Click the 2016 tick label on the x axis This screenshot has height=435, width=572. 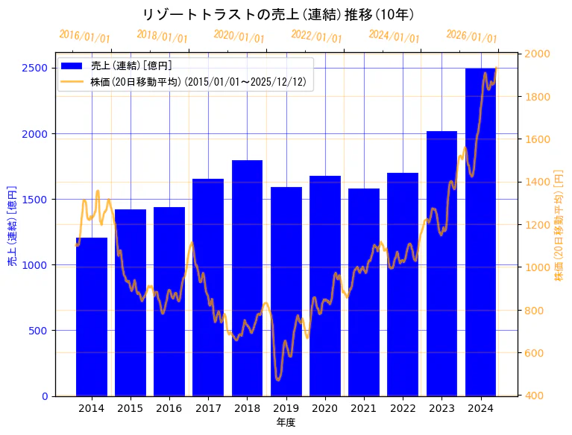click(x=169, y=408)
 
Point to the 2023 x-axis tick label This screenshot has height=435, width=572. click(x=441, y=408)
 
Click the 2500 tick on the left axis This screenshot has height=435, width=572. click(x=37, y=69)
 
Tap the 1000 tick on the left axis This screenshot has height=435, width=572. click(x=37, y=265)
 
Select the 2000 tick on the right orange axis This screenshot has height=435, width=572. click(x=538, y=54)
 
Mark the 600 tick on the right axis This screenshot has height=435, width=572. click(x=535, y=353)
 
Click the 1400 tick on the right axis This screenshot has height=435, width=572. click(x=538, y=182)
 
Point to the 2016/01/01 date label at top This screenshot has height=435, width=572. click(x=84, y=36)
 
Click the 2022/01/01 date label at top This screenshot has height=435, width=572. click(x=316, y=36)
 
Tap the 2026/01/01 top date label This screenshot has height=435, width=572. click(x=471, y=36)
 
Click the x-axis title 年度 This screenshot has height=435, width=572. click(x=286, y=422)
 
